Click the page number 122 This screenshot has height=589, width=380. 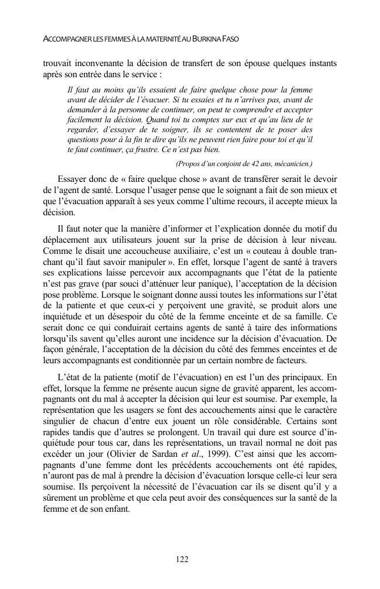tap(182, 559)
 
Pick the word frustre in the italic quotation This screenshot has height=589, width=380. tap(148, 149)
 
